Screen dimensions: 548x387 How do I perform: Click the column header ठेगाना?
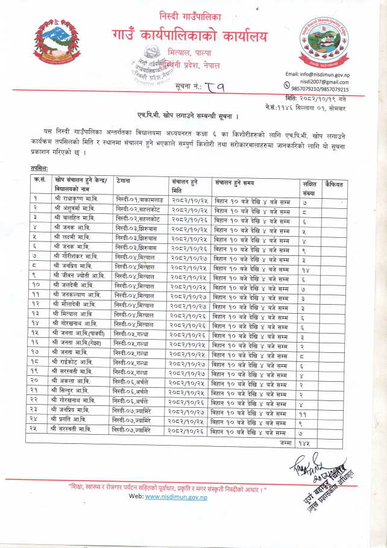coord(124,180)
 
